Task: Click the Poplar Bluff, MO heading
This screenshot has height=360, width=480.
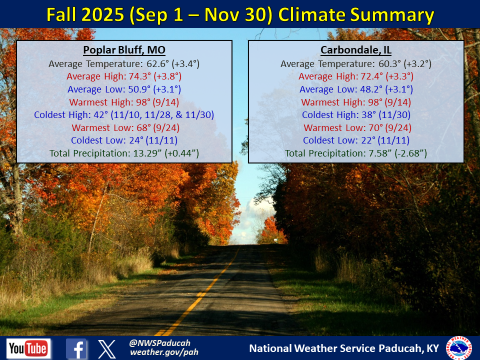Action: pyautogui.click(x=124, y=50)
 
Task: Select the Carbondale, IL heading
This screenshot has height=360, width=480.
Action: pyautogui.click(x=356, y=50)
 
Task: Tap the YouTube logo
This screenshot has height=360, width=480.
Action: pyautogui.click(x=28, y=348)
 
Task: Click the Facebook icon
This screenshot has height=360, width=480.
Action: pyautogui.click(x=76, y=348)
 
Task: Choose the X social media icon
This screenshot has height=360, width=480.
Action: pyautogui.click(x=107, y=349)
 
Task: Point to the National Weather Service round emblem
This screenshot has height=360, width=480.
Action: pyautogui.click(x=459, y=348)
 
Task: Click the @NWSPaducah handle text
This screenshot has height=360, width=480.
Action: pyautogui.click(x=160, y=343)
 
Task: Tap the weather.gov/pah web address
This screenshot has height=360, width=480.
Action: pyautogui.click(x=164, y=352)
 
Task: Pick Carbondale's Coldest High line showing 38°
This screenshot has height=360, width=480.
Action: pyautogui.click(x=356, y=115)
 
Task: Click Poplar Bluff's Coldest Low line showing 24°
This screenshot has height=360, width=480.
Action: pyautogui.click(x=124, y=140)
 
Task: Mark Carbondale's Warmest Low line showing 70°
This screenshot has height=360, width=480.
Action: pyautogui.click(x=357, y=127)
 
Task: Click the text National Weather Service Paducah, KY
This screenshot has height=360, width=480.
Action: pyautogui.click(x=344, y=348)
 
